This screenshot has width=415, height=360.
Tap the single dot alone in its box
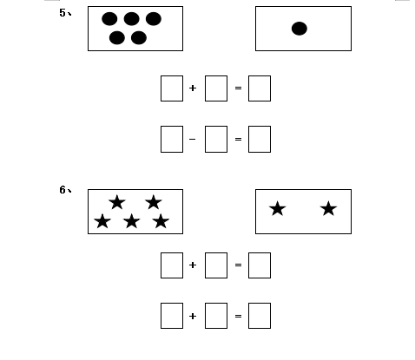(x=300, y=29)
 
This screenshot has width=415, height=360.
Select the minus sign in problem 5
(x=192, y=139)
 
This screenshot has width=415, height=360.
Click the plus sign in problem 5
(x=193, y=88)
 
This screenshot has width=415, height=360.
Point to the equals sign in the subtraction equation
(x=238, y=139)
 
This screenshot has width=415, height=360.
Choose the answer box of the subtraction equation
(x=260, y=139)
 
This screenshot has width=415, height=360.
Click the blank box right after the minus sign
(x=216, y=139)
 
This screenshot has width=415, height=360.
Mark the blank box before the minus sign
(x=172, y=139)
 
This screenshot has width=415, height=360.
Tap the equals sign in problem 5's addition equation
(x=238, y=88)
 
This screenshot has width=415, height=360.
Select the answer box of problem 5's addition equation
(x=260, y=88)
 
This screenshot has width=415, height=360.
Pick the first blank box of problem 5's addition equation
(x=172, y=88)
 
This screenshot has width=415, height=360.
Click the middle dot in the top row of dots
(x=132, y=19)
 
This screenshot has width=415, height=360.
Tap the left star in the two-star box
(x=278, y=209)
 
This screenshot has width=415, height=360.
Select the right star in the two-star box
(x=328, y=209)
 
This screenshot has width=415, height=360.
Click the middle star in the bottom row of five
(x=132, y=221)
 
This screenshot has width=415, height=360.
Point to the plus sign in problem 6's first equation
(x=193, y=265)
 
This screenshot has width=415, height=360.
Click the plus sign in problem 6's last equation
(x=193, y=316)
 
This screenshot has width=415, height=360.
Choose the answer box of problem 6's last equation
(x=260, y=316)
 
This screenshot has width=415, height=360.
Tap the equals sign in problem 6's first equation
(x=238, y=265)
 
